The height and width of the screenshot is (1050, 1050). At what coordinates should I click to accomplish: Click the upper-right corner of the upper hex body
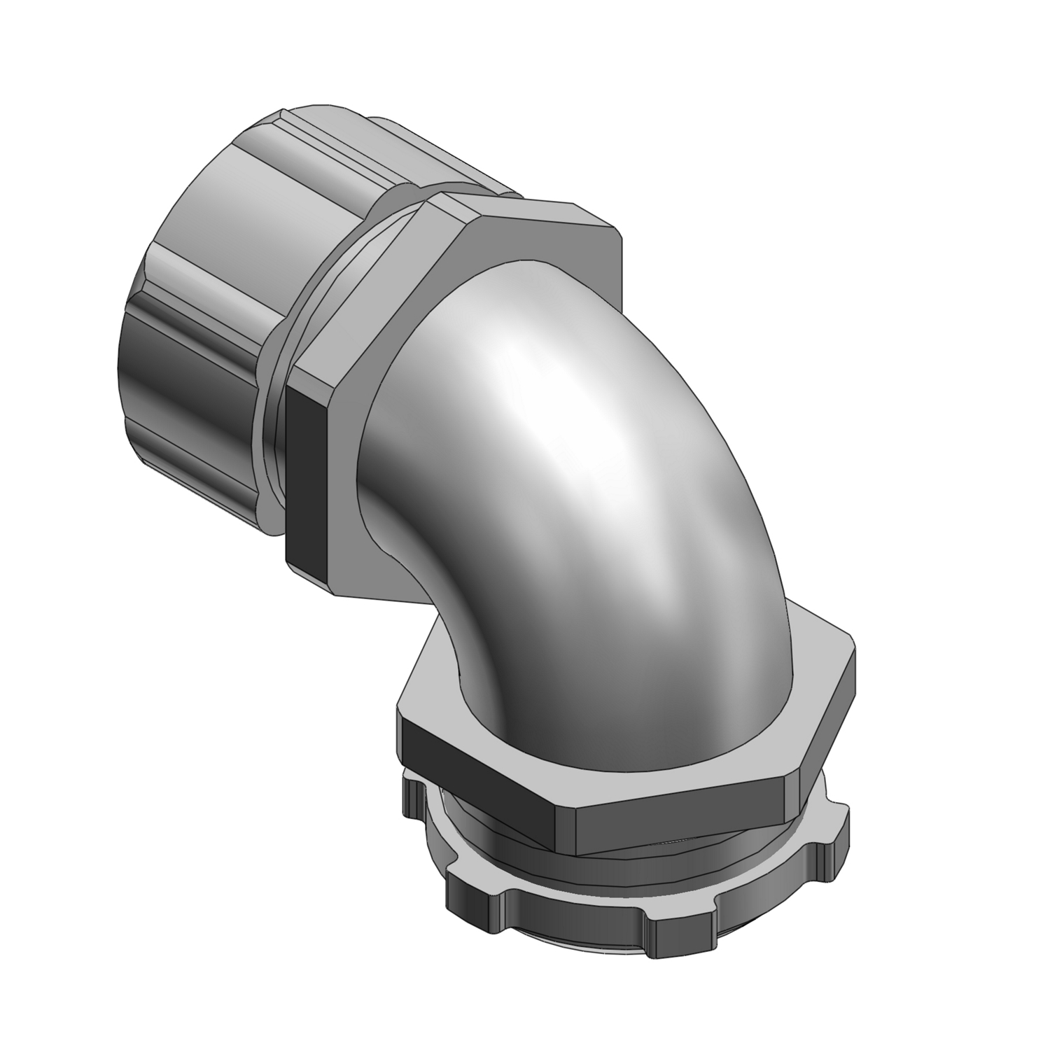616,231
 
